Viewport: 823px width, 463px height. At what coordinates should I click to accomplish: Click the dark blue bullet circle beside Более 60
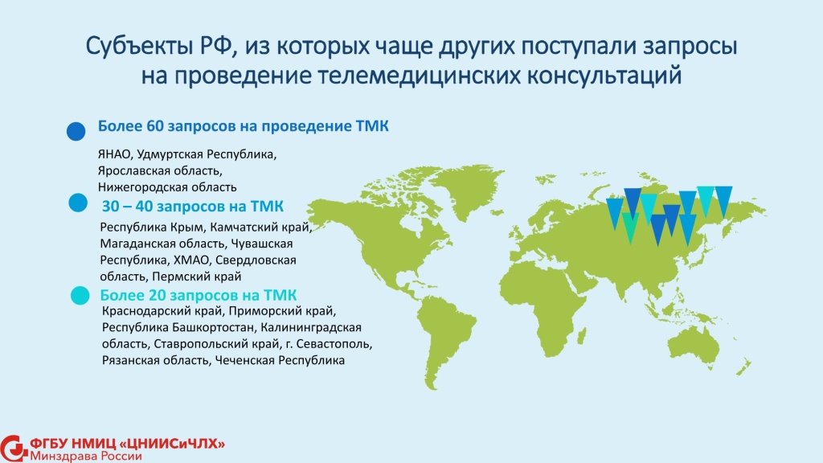click(x=76, y=131)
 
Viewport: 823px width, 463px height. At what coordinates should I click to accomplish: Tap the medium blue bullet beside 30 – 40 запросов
click(x=78, y=203)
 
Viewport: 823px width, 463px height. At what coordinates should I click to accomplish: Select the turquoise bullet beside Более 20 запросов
click(x=80, y=296)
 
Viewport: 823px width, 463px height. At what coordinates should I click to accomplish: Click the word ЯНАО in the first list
click(x=114, y=154)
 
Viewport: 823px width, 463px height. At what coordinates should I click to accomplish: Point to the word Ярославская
click(x=131, y=171)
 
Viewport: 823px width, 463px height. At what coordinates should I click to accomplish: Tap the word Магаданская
click(x=136, y=244)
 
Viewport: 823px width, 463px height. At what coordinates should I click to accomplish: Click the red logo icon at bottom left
click(x=13, y=448)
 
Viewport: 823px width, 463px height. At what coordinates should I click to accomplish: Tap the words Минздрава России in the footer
click(x=85, y=456)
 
